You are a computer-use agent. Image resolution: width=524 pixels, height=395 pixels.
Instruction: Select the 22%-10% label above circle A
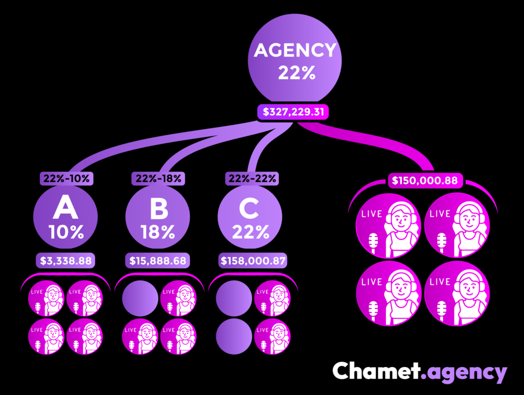pos(66,178)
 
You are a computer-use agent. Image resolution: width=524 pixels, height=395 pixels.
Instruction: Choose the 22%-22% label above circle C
pos(251,178)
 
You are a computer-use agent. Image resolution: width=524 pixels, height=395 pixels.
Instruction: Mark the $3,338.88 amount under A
pos(66,261)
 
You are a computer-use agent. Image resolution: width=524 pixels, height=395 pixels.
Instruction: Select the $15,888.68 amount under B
pos(159,261)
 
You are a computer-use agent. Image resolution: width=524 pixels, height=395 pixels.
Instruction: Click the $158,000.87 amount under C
pos(251,261)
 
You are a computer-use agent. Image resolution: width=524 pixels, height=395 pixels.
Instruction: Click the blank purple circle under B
pos(140,297)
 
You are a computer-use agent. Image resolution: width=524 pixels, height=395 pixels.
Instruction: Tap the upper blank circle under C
pos(233,297)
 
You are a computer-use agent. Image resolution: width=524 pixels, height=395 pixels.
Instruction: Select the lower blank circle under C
pos(233,336)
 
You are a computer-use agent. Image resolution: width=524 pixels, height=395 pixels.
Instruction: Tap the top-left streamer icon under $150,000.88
pos(388,225)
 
